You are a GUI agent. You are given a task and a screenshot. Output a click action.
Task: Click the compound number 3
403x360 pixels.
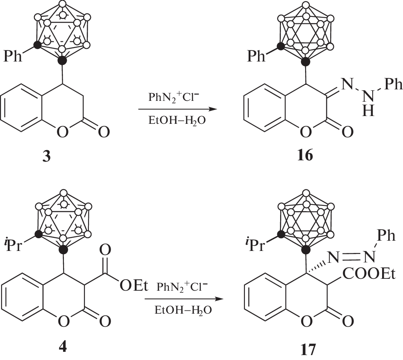(46, 156)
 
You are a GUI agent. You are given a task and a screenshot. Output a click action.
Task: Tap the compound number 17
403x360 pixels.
(308, 350)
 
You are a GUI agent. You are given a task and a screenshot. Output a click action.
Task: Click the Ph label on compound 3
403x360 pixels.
(13, 56)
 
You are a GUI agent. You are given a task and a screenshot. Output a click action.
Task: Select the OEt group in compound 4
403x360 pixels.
(134, 286)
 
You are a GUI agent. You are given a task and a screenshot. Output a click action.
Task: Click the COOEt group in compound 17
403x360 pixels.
(369, 274)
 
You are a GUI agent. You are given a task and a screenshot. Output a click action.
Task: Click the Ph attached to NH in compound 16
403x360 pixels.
(393, 84)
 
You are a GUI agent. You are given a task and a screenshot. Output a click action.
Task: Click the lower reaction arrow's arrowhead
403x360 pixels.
(219, 299)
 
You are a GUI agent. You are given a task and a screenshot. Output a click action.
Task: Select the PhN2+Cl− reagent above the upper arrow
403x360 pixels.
(174, 98)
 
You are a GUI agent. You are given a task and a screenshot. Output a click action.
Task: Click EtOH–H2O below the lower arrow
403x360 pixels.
(183, 310)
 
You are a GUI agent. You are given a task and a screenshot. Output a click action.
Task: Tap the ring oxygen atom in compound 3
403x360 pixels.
(62, 132)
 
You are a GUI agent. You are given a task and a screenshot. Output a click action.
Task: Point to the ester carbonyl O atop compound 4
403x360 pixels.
(105, 250)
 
